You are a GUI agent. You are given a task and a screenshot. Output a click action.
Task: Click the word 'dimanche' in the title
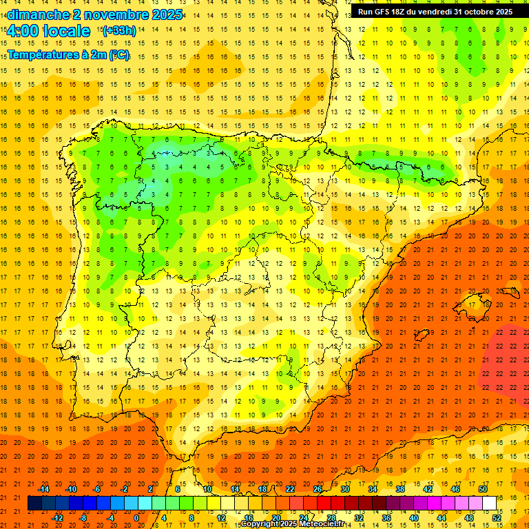(x=38, y=14)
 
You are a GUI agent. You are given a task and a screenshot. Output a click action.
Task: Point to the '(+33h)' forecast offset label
(x=119, y=30)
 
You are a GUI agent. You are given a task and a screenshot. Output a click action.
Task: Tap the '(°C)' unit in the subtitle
(x=118, y=54)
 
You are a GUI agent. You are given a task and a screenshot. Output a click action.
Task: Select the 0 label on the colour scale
(x=136, y=518)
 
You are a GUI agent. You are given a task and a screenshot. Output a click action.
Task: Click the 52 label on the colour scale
(x=497, y=518)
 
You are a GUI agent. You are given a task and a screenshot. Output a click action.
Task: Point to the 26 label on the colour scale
(x=318, y=489)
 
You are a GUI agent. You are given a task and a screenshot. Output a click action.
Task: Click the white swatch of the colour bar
(x=489, y=504)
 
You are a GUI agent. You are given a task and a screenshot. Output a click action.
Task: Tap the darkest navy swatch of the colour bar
(x=34, y=504)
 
